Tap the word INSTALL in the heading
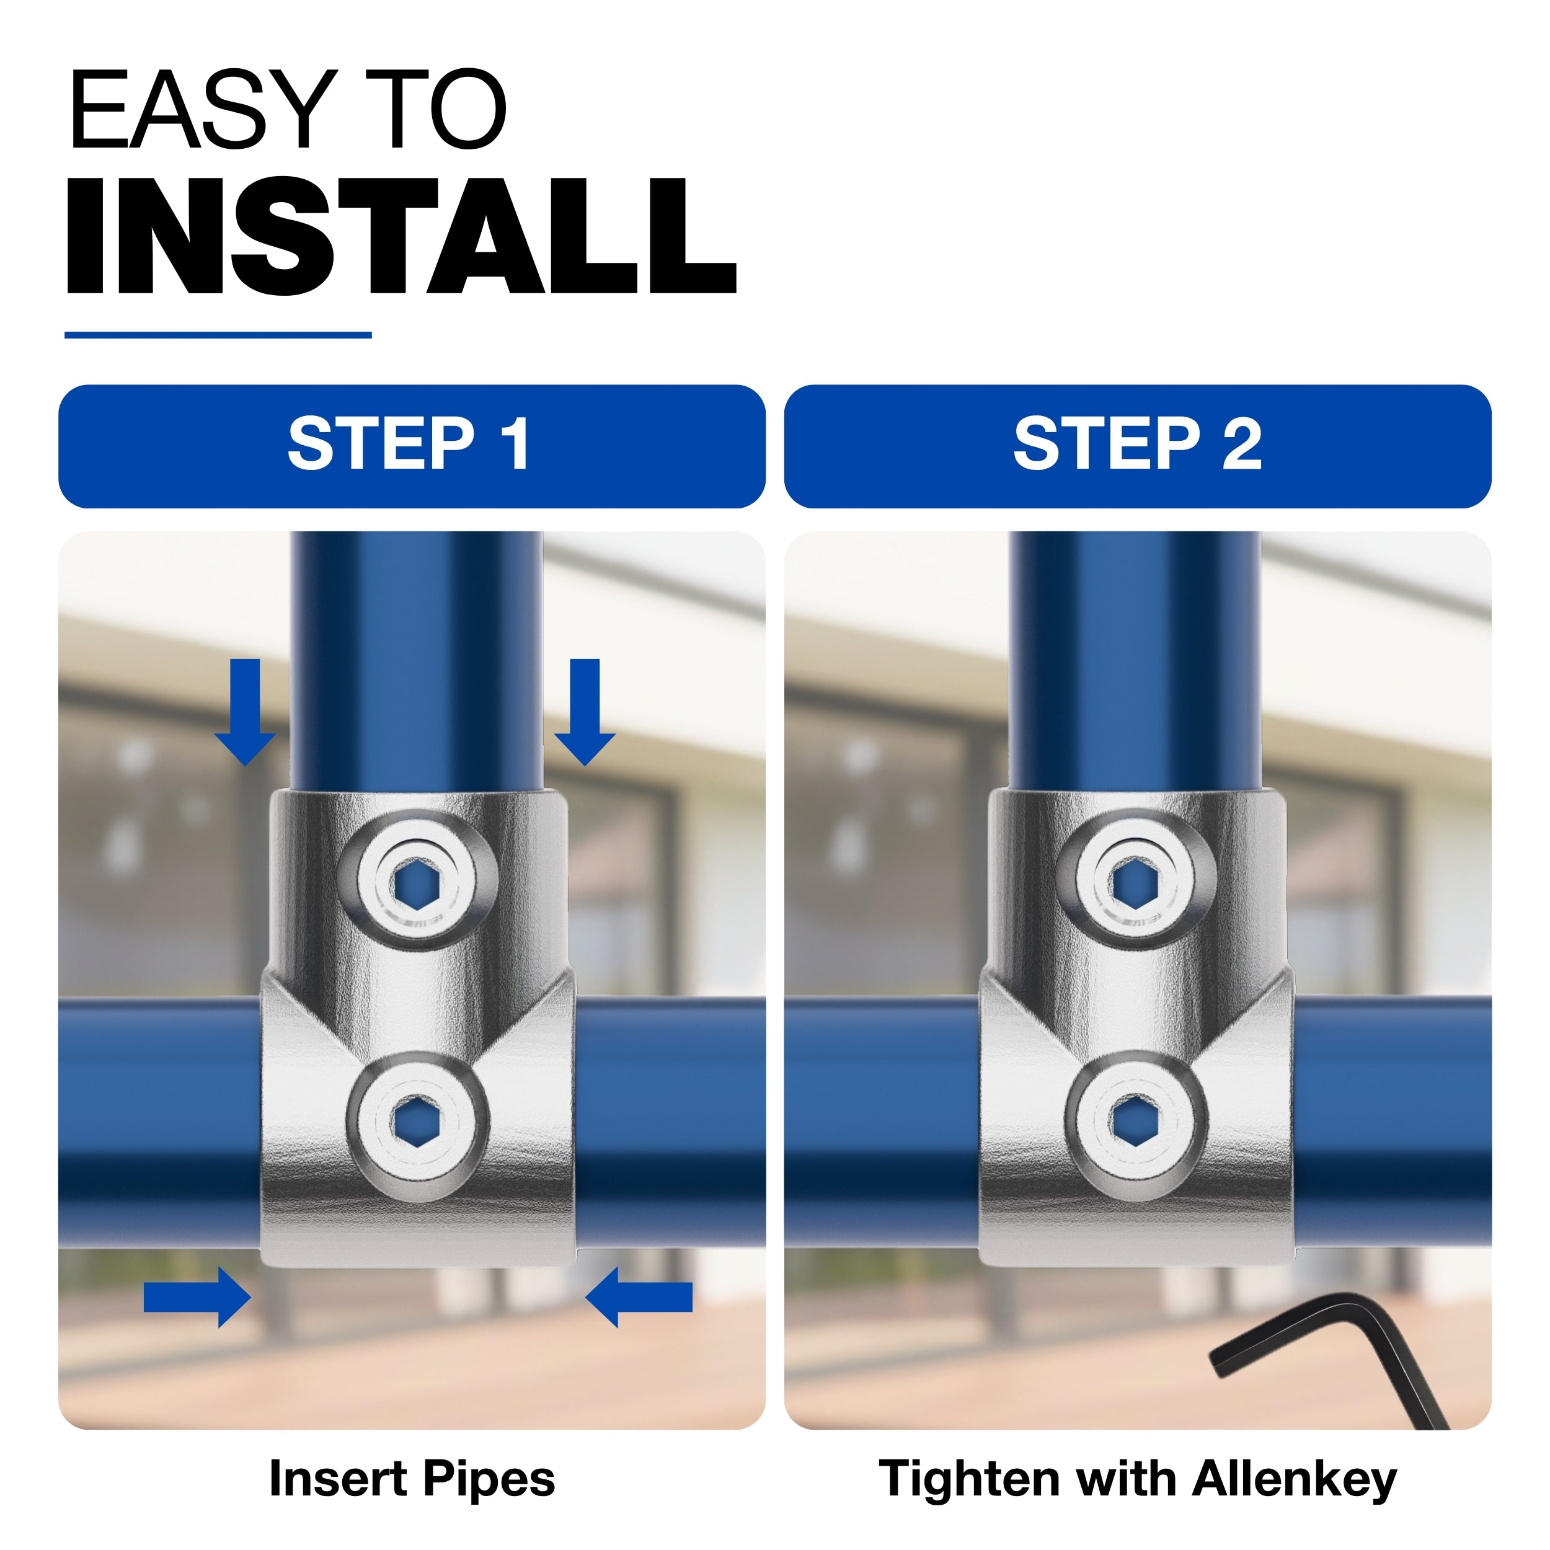pos(401,237)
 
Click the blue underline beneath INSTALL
pos(218,335)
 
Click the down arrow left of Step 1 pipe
pos(246,712)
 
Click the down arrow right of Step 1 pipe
pos(585,712)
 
